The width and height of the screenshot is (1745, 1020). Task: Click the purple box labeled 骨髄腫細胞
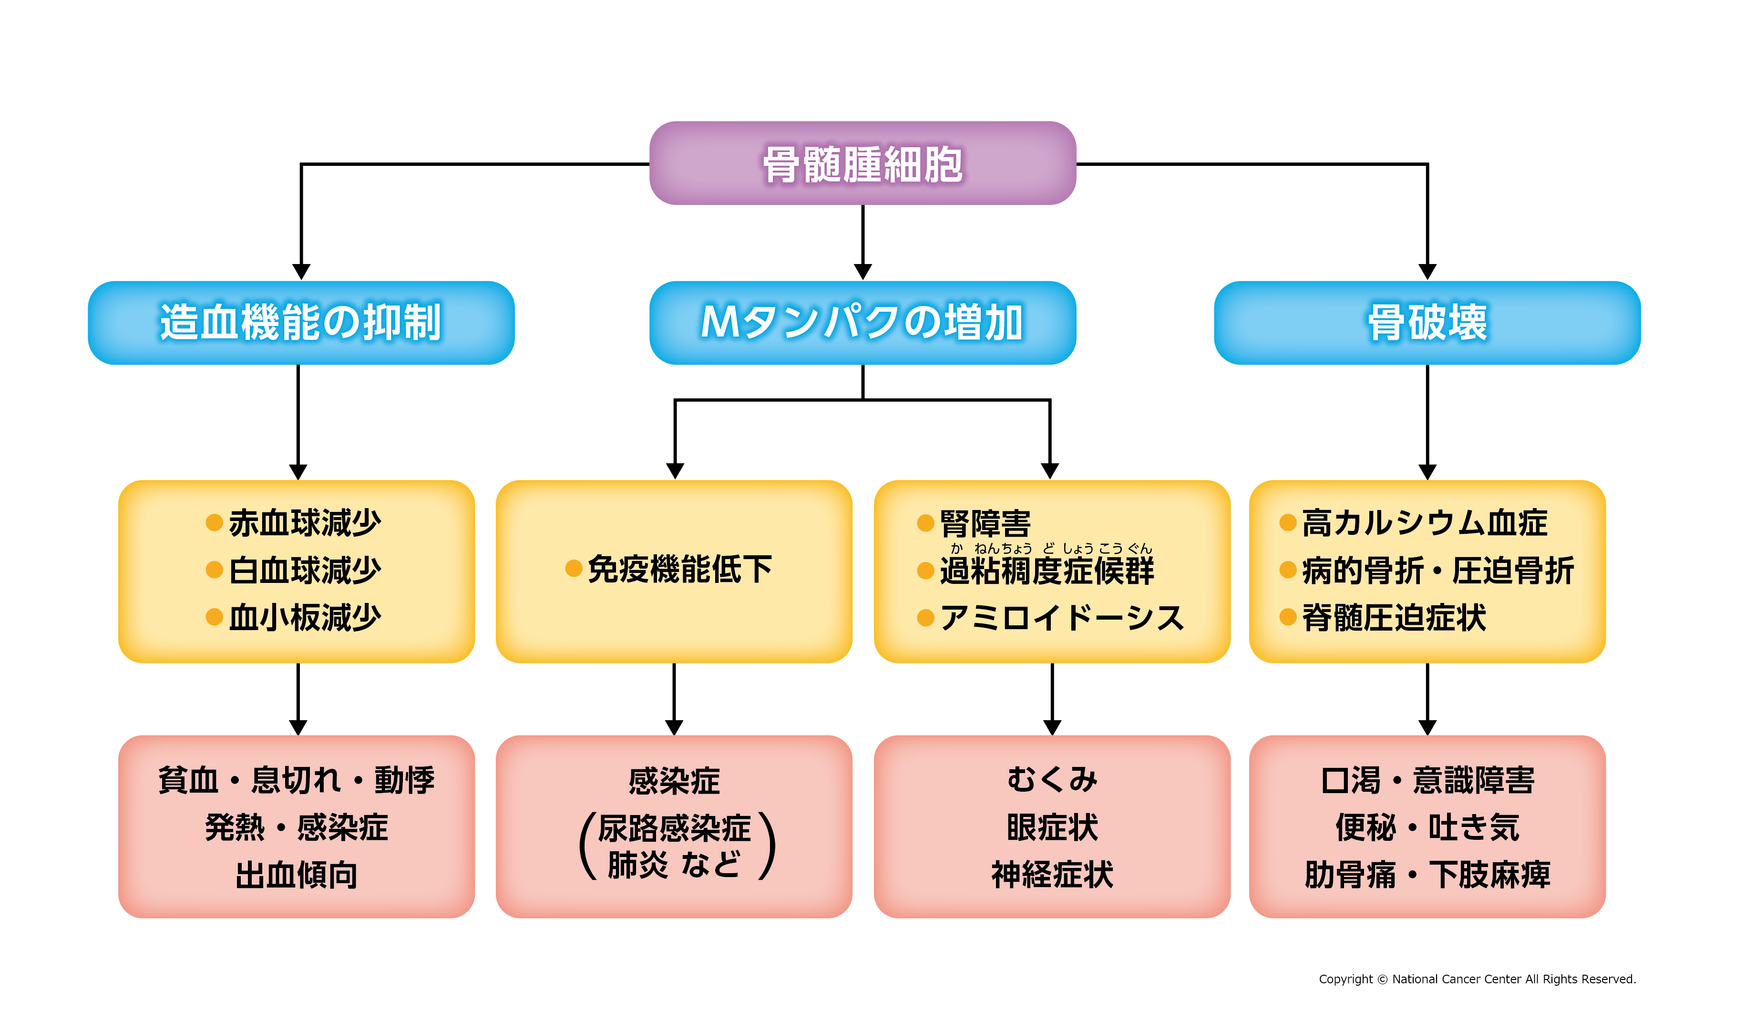(x=862, y=163)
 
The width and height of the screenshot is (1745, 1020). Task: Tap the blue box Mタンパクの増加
(x=862, y=323)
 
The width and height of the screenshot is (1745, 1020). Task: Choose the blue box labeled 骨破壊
(x=1427, y=323)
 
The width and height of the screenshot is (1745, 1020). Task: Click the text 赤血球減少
(x=305, y=523)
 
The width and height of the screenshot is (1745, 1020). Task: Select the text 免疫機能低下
(x=679, y=569)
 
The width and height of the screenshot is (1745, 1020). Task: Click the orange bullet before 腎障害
(x=925, y=523)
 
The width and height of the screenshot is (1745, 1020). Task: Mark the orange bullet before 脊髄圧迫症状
(x=1287, y=617)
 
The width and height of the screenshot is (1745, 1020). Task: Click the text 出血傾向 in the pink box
(x=297, y=875)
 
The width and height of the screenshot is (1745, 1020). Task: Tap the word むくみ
(x=1052, y=780)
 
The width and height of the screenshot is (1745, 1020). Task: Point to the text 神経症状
(x=1052, y=875)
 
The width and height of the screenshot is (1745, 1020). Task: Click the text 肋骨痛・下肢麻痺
(x=1427, y=875)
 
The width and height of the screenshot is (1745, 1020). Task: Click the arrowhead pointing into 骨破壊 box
(x=1427, y=272)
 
